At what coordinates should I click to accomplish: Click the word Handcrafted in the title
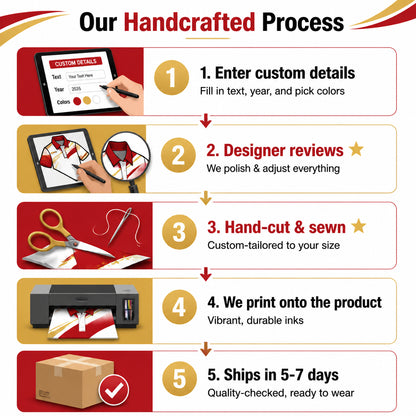189,22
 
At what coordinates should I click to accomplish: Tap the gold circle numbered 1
171,78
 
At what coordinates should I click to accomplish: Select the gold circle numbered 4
179,307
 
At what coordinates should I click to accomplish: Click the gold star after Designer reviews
356,149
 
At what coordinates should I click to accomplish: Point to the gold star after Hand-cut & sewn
359,226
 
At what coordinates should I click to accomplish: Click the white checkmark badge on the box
114,390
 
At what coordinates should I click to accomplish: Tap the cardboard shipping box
75,381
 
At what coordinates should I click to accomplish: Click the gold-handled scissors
70,233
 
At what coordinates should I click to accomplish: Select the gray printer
84,308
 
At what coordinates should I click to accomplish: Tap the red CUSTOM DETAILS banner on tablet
76,62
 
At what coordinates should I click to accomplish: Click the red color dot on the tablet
77,101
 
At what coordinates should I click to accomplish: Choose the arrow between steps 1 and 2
206,120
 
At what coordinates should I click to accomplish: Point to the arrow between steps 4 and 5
206,349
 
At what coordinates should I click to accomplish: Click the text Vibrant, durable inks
255,320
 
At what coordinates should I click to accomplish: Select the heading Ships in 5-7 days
273,375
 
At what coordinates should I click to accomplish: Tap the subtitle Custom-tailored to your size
274,245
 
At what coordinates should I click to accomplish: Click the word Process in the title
303,22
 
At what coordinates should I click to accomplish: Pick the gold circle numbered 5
179,379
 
